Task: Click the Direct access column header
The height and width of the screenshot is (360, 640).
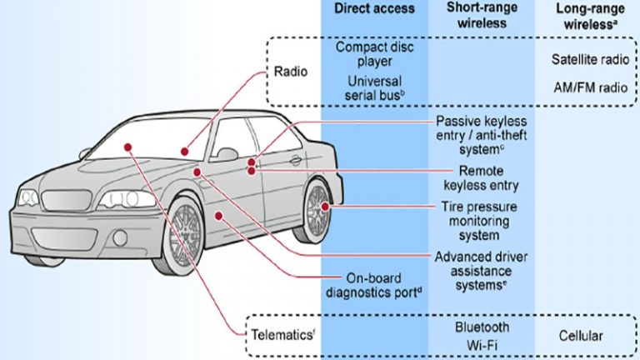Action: [x=374, y=8]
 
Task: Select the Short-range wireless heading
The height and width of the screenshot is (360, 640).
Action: [x=482, y=15]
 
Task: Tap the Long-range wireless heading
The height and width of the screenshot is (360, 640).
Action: [x=590, y=17]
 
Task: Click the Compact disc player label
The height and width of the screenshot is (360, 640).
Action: [x=374, y=54]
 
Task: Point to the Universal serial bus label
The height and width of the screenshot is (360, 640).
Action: [x=374, y=87]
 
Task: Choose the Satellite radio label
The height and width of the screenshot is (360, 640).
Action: [x=590, y=60]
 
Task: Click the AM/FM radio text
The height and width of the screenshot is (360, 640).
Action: [x=591, y=87]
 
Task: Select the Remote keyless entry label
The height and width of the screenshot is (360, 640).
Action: [x=481, y=178]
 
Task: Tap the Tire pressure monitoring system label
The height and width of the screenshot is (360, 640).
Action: [x=479, y=221]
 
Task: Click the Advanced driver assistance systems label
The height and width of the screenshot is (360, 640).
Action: [x=481, y=271]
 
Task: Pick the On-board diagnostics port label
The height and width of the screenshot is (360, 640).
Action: [x=373, y=285]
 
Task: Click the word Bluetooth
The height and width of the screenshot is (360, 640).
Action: [x=482, y=327]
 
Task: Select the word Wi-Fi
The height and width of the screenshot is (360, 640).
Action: [x=482, y=345]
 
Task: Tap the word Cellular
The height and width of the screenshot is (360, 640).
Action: [x=580, y=336]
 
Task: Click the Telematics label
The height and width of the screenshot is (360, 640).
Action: [x=282, y=335]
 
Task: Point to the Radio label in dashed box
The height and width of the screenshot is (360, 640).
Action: [x=291, y=72]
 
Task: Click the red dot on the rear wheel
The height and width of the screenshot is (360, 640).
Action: [x=325, y=207]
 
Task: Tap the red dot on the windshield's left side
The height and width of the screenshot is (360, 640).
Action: [x=128, y=147]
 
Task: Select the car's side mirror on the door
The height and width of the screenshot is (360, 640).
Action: [x=227, y=154]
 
